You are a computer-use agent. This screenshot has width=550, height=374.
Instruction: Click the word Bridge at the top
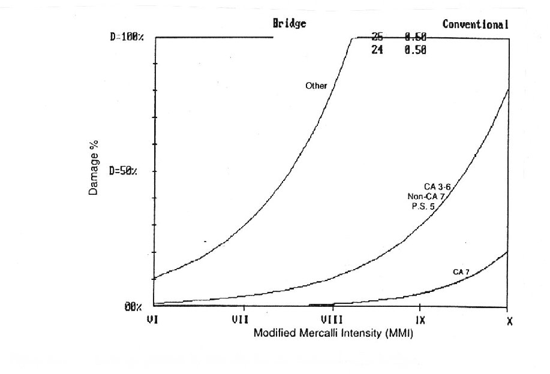click(x=290, y=24)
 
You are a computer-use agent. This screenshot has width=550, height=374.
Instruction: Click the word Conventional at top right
click(x=476, y=25)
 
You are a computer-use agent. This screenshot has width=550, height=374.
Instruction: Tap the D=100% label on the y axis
click(x=127, y=37)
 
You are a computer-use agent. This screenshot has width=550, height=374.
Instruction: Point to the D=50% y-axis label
click(x=124, y=171)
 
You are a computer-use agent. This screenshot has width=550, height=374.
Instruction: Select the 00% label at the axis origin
click(x=133, y=307)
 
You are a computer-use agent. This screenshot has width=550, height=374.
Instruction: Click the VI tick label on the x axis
click(x=153, y=320)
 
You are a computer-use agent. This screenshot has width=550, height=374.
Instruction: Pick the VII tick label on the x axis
click(x=241, y=320)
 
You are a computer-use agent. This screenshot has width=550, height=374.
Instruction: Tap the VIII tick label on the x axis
click(x=331, y=320)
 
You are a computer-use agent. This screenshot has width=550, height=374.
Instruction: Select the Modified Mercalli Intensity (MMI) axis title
click(x=333, y=333)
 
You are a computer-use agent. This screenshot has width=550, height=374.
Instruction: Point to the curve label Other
click(x=316, y=86)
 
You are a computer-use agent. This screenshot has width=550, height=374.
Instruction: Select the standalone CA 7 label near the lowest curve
click(x=461, y=272)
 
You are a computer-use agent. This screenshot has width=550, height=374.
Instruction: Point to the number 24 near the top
click(x=377, y=51)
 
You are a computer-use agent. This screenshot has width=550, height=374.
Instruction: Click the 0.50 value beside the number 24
click(x=415, y=51)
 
